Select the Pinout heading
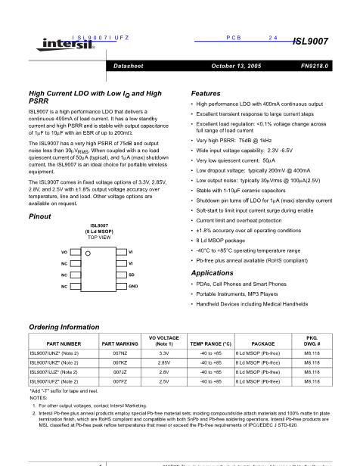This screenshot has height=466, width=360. click(39, 216)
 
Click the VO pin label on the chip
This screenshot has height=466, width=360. click(64, 250)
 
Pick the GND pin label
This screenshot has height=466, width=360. click(133, 287)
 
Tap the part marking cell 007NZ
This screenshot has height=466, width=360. click(119, 353)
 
